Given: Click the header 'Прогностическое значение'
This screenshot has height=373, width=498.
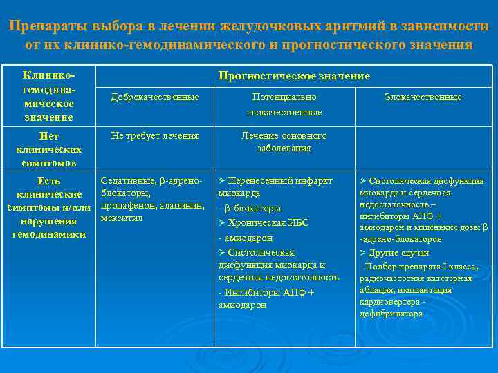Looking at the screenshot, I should point(294,75).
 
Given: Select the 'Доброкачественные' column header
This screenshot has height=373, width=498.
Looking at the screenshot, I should point(155,97).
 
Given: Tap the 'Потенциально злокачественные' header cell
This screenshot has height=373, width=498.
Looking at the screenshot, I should point(284,104).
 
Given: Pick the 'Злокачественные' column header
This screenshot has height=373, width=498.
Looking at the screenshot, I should point(423,97).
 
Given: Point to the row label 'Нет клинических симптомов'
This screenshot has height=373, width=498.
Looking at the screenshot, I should point(48,149).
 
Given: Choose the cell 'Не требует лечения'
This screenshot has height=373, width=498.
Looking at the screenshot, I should point(155,136).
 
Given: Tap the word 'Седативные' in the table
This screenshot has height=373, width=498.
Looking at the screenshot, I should point(125,180).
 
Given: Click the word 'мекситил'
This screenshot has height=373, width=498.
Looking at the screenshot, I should point(122,218).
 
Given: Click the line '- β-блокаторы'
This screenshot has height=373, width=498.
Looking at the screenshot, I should point(250,209).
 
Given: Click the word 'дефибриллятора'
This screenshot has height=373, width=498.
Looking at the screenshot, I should point(391,314).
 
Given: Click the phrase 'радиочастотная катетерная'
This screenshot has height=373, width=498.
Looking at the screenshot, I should point(416,278).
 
